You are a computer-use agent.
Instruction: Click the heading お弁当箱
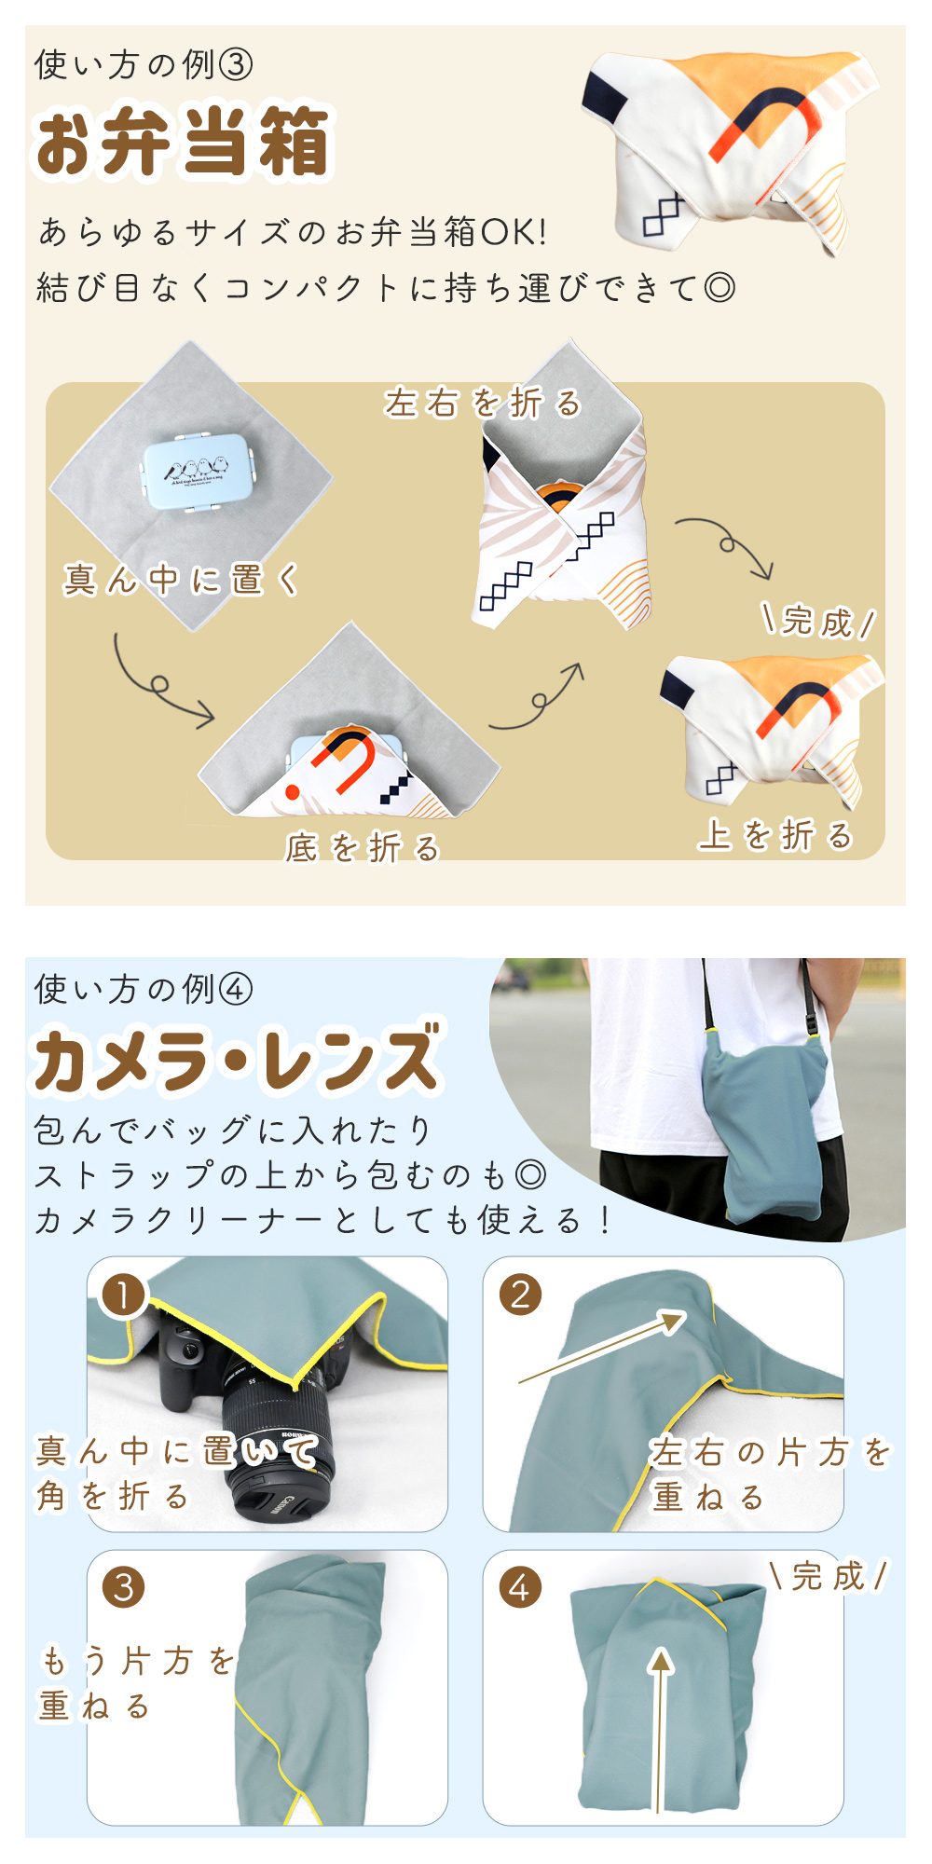coord(183,143)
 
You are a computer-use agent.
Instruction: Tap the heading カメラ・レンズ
coord(237,1060)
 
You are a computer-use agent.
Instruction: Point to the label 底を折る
coord(363,847)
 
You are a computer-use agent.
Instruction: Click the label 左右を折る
coord(483,403)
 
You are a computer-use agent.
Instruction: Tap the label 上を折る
coord(775,835)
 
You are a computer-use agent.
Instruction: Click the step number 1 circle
coord(123,1295)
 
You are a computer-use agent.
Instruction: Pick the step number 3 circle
coord(123,1587)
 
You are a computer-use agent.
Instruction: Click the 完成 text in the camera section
coord(829,1576)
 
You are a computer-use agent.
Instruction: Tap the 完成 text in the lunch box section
coord(819,621)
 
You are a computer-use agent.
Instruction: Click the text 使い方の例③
coord(144,65)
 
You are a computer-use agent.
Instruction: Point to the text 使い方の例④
coord(144,989)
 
